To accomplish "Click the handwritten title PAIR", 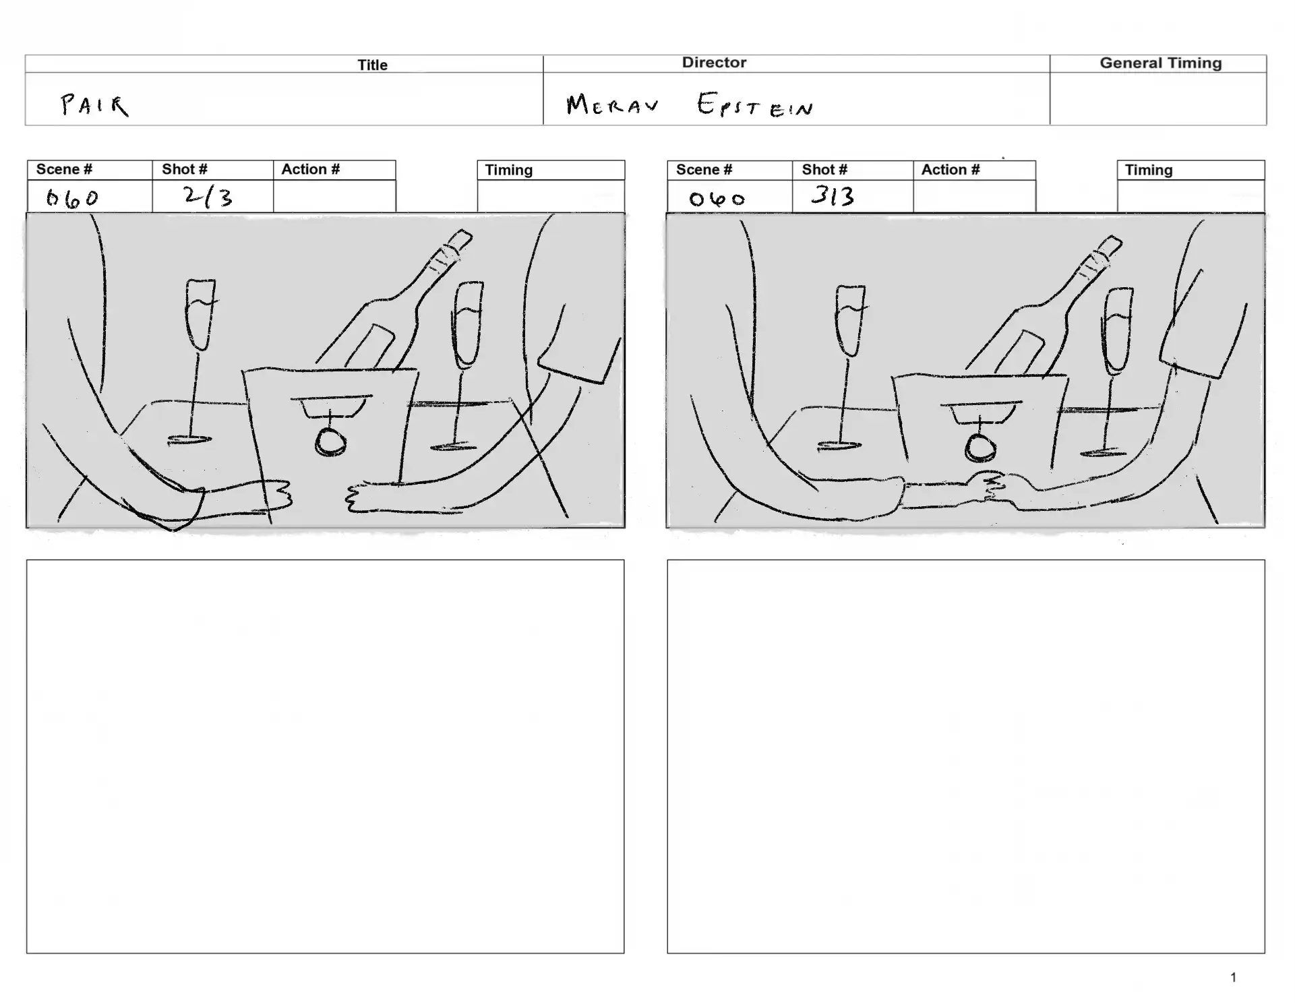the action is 94,105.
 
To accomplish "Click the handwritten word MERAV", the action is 612,104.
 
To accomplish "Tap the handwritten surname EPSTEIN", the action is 755,105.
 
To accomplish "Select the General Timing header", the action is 1160,63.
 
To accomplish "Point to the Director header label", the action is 714,63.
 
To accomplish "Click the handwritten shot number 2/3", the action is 208,196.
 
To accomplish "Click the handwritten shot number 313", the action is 833,195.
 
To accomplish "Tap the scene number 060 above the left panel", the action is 72,198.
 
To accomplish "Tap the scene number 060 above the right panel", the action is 717,199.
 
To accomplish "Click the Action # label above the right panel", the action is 951,170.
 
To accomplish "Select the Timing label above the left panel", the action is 509,170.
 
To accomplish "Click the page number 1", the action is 1233,977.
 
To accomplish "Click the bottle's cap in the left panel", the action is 460,241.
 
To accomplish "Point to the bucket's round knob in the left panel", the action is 331,443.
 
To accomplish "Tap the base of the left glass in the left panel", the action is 189,440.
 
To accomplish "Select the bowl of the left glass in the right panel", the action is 850,320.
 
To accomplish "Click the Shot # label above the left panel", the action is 184,169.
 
